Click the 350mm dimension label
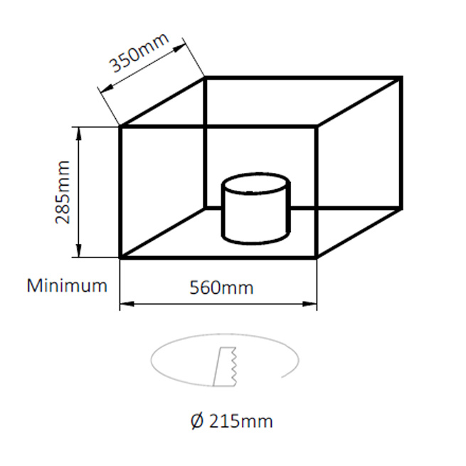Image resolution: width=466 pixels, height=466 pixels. pos(139,53)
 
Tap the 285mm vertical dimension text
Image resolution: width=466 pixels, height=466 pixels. pos(63,192)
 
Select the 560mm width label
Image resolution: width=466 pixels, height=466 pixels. pos(221,287)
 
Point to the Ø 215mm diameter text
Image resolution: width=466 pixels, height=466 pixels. pos(231,421)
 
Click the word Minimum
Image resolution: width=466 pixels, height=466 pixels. pos(67,285)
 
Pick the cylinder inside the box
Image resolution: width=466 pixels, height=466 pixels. pos(255,208)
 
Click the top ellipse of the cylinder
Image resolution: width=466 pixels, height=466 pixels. pos(255,184)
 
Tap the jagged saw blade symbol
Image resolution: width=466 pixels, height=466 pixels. pos(225,366)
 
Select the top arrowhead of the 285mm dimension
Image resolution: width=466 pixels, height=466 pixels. pos(79,133)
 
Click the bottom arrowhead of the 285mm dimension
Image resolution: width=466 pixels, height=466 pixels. pos(79,251)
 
